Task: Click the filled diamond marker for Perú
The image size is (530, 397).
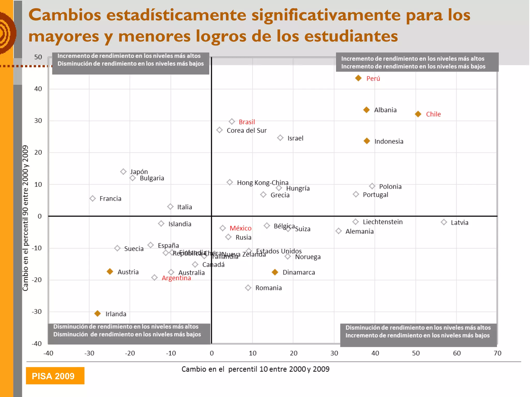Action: point(358,78)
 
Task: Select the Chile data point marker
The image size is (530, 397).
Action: point(418,114)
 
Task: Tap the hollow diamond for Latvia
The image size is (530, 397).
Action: point(444,222)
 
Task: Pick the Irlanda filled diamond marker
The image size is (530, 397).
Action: point(98,314)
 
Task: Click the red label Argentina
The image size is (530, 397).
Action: point(176,278)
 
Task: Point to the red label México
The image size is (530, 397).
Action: point(240,228)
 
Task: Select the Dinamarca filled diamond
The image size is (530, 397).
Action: point(275,272)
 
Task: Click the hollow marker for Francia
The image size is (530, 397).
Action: point(93,198)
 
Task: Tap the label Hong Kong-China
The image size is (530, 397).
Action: point(262,183)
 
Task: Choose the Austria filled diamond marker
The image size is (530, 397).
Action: point(110,271)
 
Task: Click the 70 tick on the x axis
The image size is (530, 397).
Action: point(497,353)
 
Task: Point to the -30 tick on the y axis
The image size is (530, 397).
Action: point(37,312)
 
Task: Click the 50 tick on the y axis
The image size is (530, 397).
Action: point(38,57)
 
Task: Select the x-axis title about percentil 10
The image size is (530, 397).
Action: point(255,369)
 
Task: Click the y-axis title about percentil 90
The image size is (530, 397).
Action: point(25,218)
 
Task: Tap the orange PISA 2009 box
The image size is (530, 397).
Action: point(55,376)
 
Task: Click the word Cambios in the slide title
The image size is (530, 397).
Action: point(65,15)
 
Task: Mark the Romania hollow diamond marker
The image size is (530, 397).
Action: point(248,288)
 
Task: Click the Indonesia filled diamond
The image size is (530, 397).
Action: point(367,141)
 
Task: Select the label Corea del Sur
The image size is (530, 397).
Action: point(246,131)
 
